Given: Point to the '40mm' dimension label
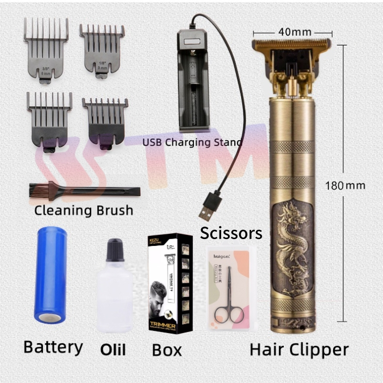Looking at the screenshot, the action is point(295,32).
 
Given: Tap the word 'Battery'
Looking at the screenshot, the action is point(53,347).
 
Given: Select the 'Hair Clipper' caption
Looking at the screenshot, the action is point(299,349).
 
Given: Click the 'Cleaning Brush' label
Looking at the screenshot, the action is point(84,211).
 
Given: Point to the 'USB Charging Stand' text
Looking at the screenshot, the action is point(192,142).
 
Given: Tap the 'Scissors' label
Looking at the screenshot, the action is point(232,232).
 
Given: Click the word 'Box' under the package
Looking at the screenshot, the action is point(167,350).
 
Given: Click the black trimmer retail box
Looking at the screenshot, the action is point(169,284).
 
